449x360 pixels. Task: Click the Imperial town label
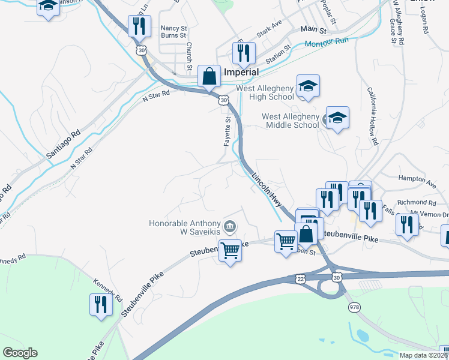241,72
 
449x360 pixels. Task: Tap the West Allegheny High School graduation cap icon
308,86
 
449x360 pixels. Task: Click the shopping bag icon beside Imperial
209,77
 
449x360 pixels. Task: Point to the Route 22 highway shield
301,278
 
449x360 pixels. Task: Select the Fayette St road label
228,131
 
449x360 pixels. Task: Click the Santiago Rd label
63,145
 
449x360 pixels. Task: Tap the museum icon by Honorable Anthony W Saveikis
229,226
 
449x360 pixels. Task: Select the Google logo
20,353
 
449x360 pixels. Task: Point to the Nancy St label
173,28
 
